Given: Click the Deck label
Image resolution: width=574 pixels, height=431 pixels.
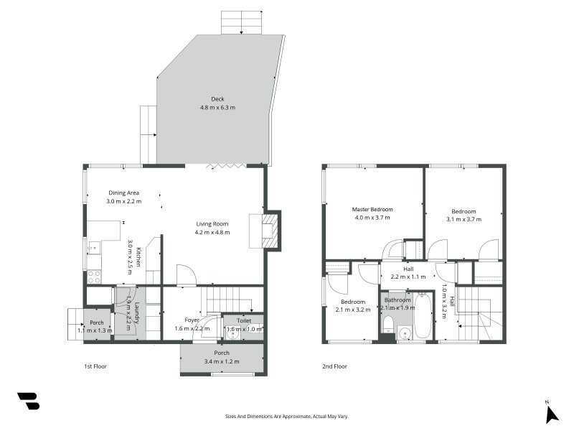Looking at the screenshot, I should tap(217, 99).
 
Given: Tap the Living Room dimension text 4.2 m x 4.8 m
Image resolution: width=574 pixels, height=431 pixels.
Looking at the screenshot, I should tap(212, 232).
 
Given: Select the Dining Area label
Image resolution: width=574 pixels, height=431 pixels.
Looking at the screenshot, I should tap(123, 193).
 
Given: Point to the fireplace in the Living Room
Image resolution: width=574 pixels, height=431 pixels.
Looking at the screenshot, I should tap(268, 230).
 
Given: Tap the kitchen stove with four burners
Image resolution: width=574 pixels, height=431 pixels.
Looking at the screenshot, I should tap(94, 276).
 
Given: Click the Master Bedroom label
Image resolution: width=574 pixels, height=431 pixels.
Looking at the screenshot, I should tap(377, 210).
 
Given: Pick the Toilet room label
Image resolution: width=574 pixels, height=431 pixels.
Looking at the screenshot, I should tap(243, 320).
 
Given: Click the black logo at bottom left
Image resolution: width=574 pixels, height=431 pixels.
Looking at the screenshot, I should tap(28, 401).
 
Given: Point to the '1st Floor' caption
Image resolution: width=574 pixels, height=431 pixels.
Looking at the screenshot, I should tap(95, 366).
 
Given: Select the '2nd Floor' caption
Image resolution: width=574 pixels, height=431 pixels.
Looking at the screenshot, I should tap(334, 366).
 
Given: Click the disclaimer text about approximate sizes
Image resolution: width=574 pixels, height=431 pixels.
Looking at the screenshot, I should tap(287, 416).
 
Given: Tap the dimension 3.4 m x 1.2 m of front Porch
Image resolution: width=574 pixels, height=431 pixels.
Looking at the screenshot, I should tap(222, 361).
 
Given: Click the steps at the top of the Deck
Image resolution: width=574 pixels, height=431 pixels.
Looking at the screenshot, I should tap(242, 22).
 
